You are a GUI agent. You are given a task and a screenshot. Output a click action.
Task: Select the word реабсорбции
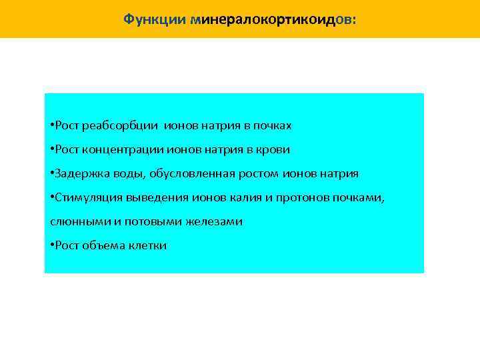pos(113,125)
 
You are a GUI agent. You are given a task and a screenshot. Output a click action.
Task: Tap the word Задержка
pos(79,173)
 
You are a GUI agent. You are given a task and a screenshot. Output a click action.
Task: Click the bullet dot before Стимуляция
pos(52,197)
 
